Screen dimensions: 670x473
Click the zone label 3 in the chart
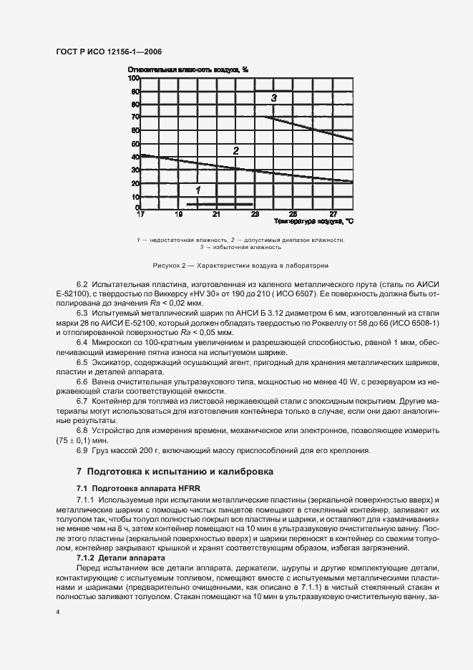274,97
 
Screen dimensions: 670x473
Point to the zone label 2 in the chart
235,150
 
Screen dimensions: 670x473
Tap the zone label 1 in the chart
198,190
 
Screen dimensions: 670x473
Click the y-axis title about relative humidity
188,69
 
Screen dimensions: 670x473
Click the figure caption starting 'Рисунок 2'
240,265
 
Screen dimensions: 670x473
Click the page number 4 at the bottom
57,613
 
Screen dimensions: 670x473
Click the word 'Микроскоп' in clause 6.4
112,343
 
